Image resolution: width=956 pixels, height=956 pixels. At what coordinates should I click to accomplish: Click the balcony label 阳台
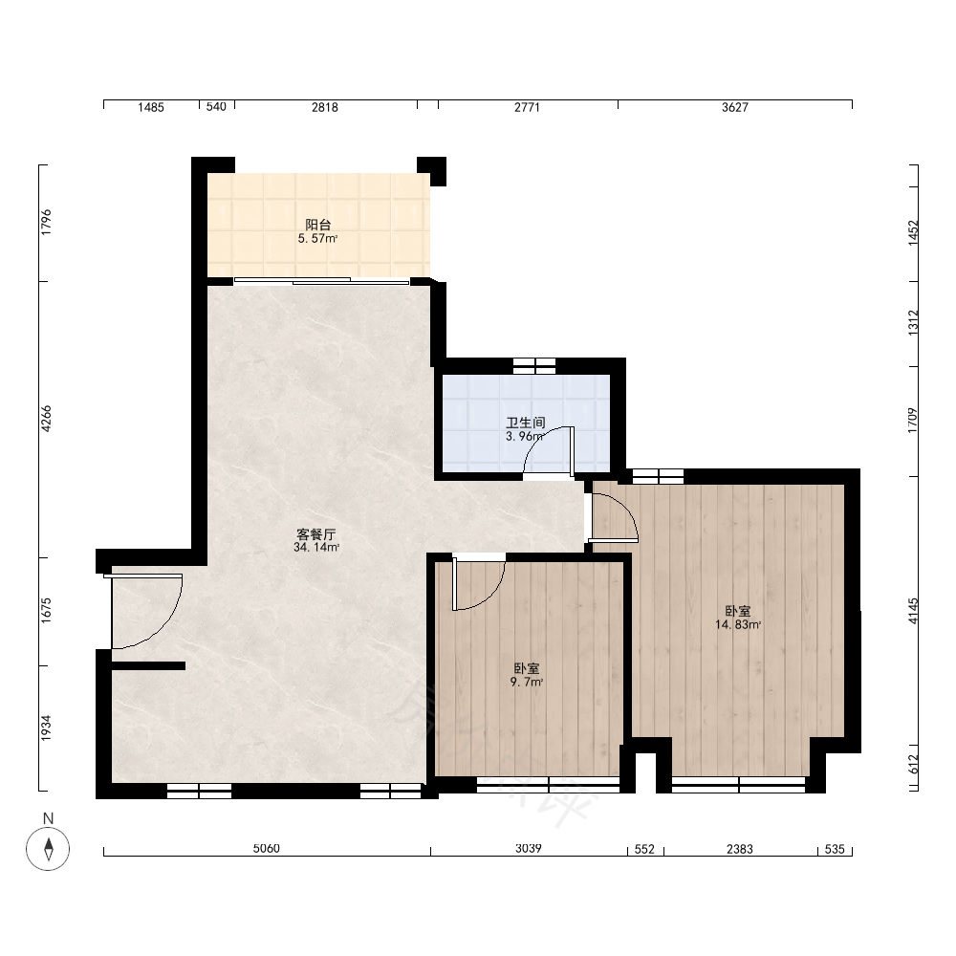click(317, 225)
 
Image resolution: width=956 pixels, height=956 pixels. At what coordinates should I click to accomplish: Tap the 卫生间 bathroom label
click(525, 423)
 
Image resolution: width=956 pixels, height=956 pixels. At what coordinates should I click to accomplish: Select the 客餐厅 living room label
click(315, 534)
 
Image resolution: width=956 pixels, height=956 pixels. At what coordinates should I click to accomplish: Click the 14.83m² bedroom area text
click(738, 624)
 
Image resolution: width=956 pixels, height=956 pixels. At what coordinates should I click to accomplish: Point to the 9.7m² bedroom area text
click(526, 683)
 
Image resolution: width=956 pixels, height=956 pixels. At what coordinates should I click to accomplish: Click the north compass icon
click(48, 848)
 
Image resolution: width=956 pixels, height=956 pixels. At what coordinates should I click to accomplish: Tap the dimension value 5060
click(267, 848)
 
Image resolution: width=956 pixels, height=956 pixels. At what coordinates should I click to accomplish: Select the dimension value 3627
click(734, 107)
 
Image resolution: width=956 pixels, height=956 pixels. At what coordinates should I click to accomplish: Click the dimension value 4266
click(46, 419)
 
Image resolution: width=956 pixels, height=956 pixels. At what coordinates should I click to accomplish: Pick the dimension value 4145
click(912, 610)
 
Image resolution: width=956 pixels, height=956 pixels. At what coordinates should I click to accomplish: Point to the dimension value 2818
click(324, 107)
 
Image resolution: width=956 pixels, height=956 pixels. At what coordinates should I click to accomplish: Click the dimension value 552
click(644, 849)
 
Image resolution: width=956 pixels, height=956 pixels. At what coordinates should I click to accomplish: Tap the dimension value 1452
click(913, 233)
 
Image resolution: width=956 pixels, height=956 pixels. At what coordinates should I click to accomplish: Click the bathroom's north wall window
click(534, 366)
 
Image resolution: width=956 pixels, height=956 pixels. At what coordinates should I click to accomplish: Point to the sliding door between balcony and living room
click(321, 281)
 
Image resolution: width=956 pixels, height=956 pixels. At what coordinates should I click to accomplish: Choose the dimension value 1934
click(46, 728)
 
